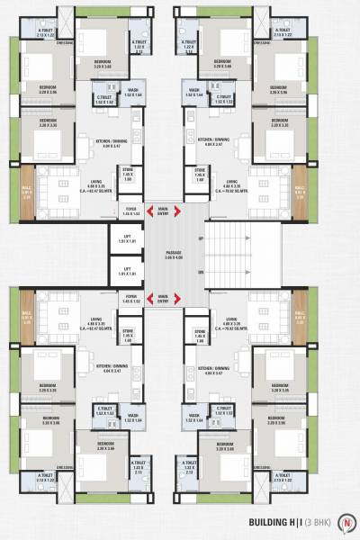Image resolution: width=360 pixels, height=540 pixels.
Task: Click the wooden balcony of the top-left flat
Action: (x=27, y=191)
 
